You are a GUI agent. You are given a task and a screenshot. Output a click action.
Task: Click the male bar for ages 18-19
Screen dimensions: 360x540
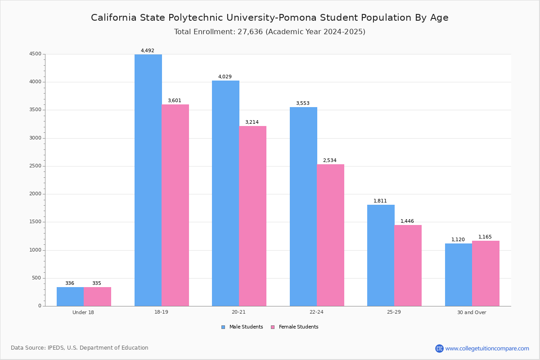pyautogui.click(x=148, y=180)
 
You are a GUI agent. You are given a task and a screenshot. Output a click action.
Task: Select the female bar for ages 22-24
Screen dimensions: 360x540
pyautogui.click(x=330, y=235)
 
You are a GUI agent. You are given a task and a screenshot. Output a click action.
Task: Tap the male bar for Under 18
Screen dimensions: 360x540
pyautogui.click(x=70, y=297)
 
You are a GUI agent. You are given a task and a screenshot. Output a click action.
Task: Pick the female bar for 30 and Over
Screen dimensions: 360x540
pyautogui.click(x=486, y=273)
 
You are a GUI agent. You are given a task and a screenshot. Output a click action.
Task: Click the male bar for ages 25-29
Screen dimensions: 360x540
pyautogui.click(x=381, y=255)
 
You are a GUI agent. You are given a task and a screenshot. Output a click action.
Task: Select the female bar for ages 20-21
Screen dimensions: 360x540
pyautogui.click(x=252, y=216)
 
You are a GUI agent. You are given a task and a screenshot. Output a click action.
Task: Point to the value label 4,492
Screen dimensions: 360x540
pyautogui.click(x=148, y=51)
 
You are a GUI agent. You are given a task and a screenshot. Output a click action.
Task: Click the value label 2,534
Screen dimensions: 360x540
pyautogui.click(x=329, y=161)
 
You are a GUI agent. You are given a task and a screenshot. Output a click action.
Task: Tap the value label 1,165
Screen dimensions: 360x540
pyautogui.click(x=485, y=237)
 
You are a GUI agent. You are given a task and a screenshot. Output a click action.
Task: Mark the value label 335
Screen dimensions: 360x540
pyautogui.click(x=97, y=283)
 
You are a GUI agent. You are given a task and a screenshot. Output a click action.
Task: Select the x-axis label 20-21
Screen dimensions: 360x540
pyautogui.click(x=238, y=312)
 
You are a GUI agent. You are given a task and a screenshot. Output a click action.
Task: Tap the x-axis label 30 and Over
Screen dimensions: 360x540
pyautogui.click(x=472, y=312)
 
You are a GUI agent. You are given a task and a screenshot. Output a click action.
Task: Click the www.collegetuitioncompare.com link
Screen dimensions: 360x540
pyautogui.click(x=487, y=348)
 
